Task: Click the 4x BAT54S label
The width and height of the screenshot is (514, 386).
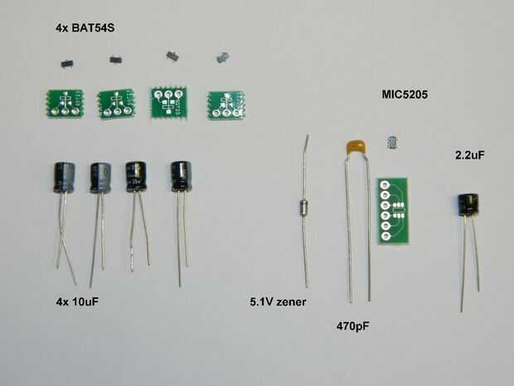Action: pyautogui.click(x=84, y=29)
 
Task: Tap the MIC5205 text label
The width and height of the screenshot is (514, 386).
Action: pyautogui.click(x=405, y=95)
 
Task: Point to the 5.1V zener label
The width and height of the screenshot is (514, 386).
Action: pyautogui.click(x=279, y=302)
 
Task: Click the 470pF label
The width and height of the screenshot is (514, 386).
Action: pyautogui.click(x=352, y=326)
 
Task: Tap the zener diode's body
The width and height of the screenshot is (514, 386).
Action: pyautogui.click(x=303, y=208)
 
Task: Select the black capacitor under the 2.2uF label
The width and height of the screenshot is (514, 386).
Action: pyautogui.click(x=468, y=206)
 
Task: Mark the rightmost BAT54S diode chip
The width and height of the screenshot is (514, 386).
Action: pyautogui.click(x=222, y=57)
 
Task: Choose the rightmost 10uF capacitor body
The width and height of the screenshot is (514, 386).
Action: pyautogui.click(x=180, y=174)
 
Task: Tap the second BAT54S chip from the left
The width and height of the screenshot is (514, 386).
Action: pyautogui.click(x=114, y=59)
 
